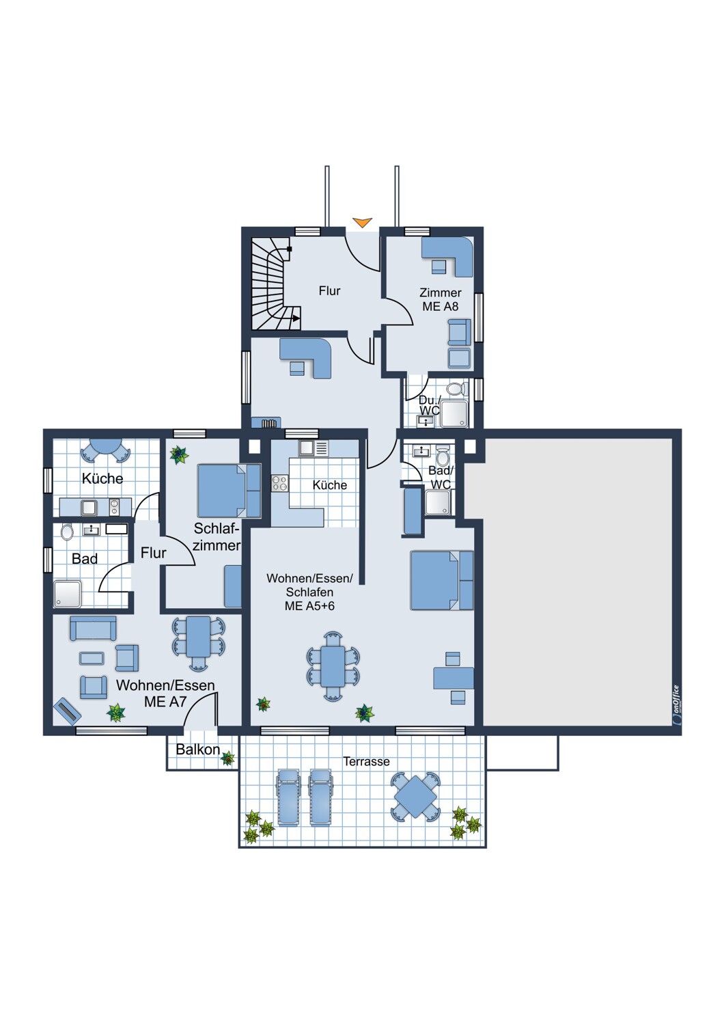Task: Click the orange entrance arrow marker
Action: point(362,222)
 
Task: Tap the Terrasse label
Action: point(366,761)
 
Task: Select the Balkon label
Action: point(197,750)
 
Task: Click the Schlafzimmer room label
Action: point(217,536)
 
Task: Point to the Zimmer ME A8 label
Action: point(441,299)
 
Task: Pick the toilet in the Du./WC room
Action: point(455,389)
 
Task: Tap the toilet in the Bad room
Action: point(67,532)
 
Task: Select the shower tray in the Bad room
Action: point(68,594)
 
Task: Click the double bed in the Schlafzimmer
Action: point(229,491)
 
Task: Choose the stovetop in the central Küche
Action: point(280,483)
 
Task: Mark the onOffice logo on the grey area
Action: point(675,705)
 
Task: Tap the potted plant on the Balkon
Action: point(227,758)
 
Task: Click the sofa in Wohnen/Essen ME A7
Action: point(93,628)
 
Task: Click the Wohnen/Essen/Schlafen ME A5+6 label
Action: point(309,592)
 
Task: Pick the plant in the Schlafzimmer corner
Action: point(178,455)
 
